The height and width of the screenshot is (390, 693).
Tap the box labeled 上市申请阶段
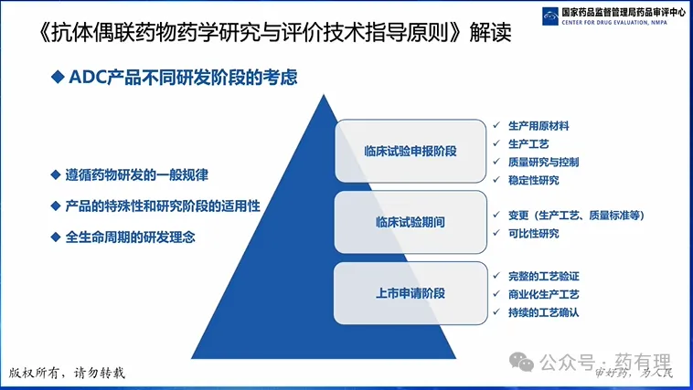tap(410, 293)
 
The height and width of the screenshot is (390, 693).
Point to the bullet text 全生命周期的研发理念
tap(132, 237)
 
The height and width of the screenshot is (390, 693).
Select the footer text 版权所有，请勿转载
tap(66, 373)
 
